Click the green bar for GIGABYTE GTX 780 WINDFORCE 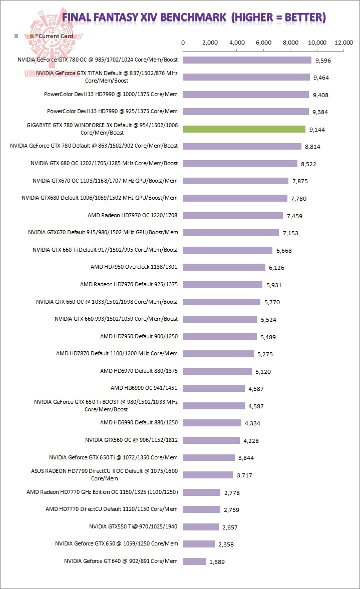(244, 129)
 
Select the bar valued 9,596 (247, 60)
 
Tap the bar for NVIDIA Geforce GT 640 (195, 561)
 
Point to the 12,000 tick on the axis (345, 43)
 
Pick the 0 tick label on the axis (183, 43)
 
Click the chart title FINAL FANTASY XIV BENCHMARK (194, 18)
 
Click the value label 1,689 (217, 562)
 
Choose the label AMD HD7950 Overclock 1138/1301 (134, 267)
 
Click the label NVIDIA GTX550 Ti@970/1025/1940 (133, 526)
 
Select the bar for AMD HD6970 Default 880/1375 (218, 371)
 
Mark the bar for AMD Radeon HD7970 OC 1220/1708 (233, 216)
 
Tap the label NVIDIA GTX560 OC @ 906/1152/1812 (132, 440)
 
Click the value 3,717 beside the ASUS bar (245, 475)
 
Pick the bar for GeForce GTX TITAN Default (246, 77)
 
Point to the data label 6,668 (284, 250)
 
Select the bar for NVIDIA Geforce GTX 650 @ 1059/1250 (199, 544)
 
